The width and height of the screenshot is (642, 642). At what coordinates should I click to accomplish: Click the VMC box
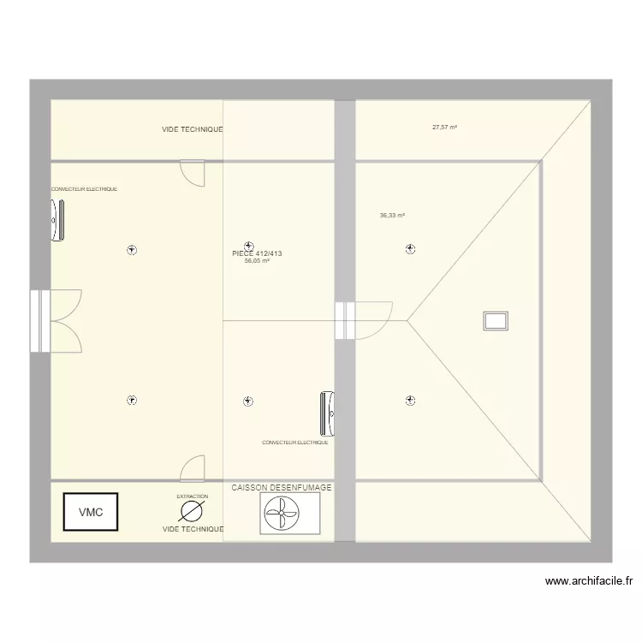point(91,512)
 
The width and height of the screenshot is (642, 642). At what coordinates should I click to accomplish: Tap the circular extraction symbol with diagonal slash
point(192,512)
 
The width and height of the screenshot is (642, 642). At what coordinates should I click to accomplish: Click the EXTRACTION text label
point(192,496)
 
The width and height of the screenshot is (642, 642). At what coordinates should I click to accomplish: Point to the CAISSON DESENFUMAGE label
point(281,487)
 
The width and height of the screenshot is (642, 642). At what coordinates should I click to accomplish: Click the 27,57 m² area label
point(444,127)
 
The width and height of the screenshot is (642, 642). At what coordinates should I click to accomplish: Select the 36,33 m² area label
point(392,216)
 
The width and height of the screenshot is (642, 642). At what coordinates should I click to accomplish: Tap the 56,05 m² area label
point(257,261)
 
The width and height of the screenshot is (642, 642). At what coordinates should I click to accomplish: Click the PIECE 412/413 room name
point(257,253)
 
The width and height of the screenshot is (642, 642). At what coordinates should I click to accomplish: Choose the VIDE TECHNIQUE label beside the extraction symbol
point(193,530)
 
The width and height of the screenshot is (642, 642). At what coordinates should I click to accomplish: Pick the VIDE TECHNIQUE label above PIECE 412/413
point(193,129)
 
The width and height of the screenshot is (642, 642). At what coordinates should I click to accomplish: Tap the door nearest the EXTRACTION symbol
point(193,467)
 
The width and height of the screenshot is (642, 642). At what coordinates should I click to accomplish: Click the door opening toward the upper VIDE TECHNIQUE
point(193,173)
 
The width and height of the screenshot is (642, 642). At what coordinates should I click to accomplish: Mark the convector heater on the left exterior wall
point(57,220)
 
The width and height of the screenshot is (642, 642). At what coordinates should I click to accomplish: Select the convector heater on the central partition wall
point(328,412)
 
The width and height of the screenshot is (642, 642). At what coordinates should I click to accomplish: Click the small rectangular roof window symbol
point(496,320)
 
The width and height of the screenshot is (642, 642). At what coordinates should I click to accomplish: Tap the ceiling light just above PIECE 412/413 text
point(249,244)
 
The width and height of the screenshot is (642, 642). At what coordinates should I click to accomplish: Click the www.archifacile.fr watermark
point(589,581)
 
